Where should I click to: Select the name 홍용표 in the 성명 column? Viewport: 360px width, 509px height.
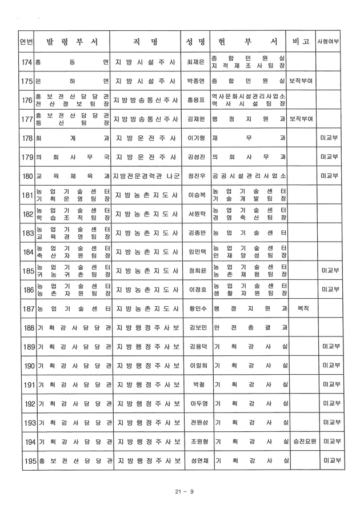click(x=195, y=100)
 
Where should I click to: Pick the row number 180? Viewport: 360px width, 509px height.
click(x=26, y=176)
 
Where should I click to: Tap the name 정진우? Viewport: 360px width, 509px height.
click(x=195, y=176)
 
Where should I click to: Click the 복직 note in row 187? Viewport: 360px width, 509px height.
click(x=301, y=308)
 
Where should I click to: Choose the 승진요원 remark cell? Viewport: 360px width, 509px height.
click(x=301, y=442)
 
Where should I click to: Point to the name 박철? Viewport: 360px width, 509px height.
click(x=195, y=384)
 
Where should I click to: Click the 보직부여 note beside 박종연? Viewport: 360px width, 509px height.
click(x=301, y=81)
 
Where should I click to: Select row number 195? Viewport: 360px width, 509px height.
click(x=26, y=460)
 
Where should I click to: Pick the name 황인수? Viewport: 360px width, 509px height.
click(x=195, y=308)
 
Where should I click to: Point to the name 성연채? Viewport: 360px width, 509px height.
click(x=195, y=460)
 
